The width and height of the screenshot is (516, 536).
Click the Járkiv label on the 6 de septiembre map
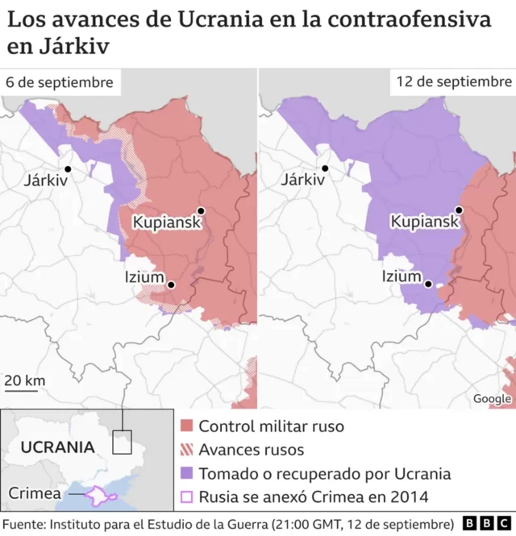[x=45, y=180]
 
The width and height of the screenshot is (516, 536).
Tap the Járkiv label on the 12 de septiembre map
[x=302, y=180]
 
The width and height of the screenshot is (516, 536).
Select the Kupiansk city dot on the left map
[x=201, y=211]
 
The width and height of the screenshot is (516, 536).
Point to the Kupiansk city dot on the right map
[x=459, y=210]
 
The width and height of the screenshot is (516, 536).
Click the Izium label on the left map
[x=144, y=276]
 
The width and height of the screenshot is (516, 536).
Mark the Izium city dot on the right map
[x=429, y=284]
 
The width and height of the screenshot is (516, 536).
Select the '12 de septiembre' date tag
[x=453, y=82]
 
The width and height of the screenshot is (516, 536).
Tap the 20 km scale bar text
[x=25, y=380]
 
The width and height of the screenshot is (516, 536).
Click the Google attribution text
[x=491, y=399]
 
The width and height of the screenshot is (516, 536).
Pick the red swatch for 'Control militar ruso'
[x=186, y=426]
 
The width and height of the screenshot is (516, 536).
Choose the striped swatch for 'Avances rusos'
[x=186, y=450]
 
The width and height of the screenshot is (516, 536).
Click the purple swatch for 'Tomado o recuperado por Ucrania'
[x=186, y=474]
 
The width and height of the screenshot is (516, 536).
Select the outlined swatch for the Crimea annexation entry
[x=186, y=497]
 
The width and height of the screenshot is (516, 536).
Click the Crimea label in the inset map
[x=33, y=492]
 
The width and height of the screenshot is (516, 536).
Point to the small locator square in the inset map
[x=122, y=442]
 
